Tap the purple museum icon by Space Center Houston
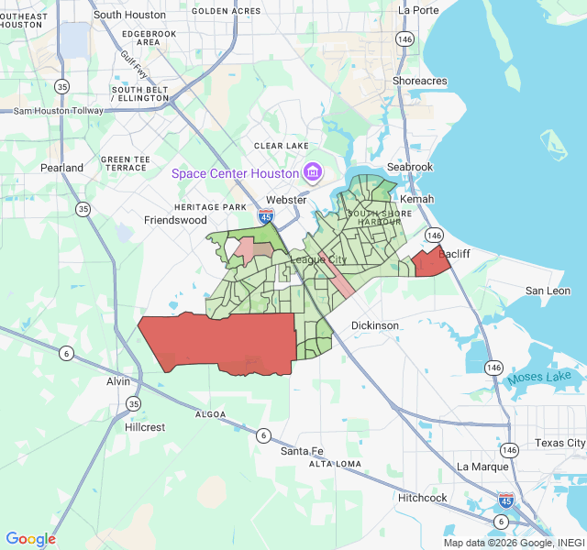click(312, 172)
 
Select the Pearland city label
click(61, 168)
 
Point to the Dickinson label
click(375, 325)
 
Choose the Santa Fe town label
click(303, 451)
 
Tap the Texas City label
click(559, 443)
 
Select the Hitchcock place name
click(423, 498)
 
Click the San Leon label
click(548, 291)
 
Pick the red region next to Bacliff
click(430, 263)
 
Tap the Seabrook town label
click(408, 167)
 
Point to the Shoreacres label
click(420, 82)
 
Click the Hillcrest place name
click(145, 427)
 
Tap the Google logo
click(31, 539)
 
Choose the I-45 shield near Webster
click(266, 216)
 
